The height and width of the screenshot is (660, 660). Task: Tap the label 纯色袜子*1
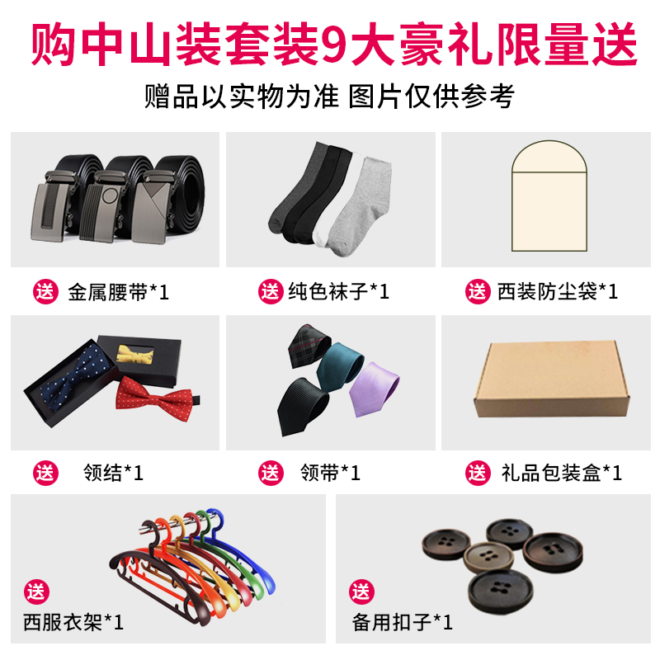coord(338,291)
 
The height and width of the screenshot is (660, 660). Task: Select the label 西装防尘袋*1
coord(557,291)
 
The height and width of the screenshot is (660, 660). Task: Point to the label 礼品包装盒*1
coord(561,473)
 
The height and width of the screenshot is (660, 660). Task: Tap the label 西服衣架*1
coord(73,620)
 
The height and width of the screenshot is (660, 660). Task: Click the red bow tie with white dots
coord(154,397)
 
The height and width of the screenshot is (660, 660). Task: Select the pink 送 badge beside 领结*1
coord(46,473)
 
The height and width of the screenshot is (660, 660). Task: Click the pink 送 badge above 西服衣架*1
coord(36,591)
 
